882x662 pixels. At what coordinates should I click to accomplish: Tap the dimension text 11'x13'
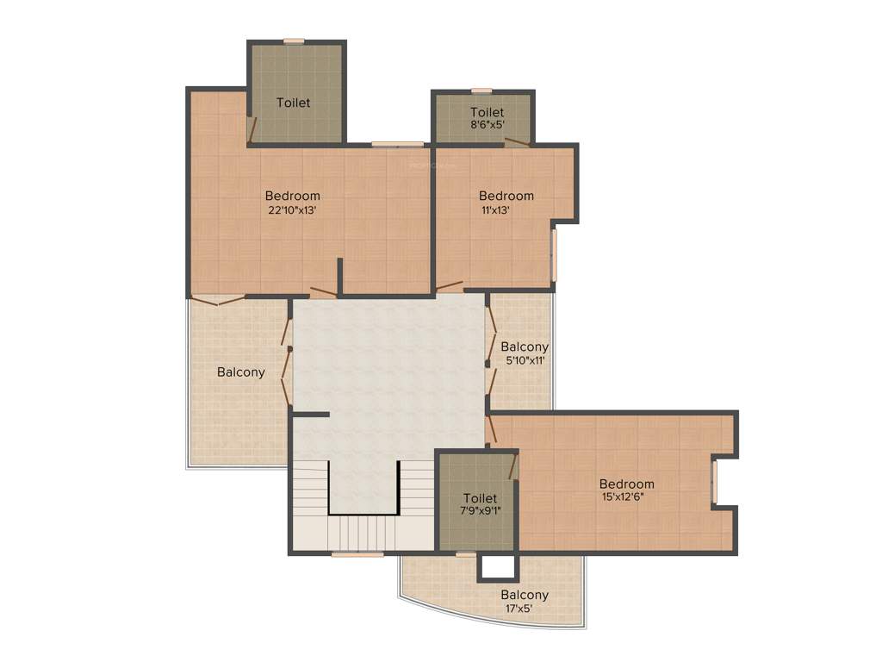point(495,209)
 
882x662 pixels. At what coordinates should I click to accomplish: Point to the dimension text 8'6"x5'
point(487,125)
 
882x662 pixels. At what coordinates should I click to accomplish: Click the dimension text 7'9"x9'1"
point(480,511)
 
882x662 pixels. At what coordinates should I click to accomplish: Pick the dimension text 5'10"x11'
point(525,360)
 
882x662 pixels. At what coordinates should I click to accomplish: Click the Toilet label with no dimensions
point(293,103)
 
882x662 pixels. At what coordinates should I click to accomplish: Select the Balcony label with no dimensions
point(240,372)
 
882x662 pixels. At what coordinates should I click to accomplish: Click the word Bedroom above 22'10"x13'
point(292,196)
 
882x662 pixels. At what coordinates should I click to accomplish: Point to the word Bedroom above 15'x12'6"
point(626,484)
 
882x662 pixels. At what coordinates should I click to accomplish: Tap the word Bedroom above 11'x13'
point(506,196)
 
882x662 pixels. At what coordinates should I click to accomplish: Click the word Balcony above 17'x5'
point(525,595)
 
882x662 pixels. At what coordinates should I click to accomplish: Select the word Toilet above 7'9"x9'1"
point(480,498)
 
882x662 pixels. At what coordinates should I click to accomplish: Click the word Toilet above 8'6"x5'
point(487,112)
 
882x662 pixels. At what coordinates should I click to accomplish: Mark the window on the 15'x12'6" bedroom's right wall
point(714,482)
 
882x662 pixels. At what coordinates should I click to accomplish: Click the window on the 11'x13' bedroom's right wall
point(555,254)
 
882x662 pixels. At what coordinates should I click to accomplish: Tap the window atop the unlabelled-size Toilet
point(294,41)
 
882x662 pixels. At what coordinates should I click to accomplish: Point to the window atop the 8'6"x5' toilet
point(481,91)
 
